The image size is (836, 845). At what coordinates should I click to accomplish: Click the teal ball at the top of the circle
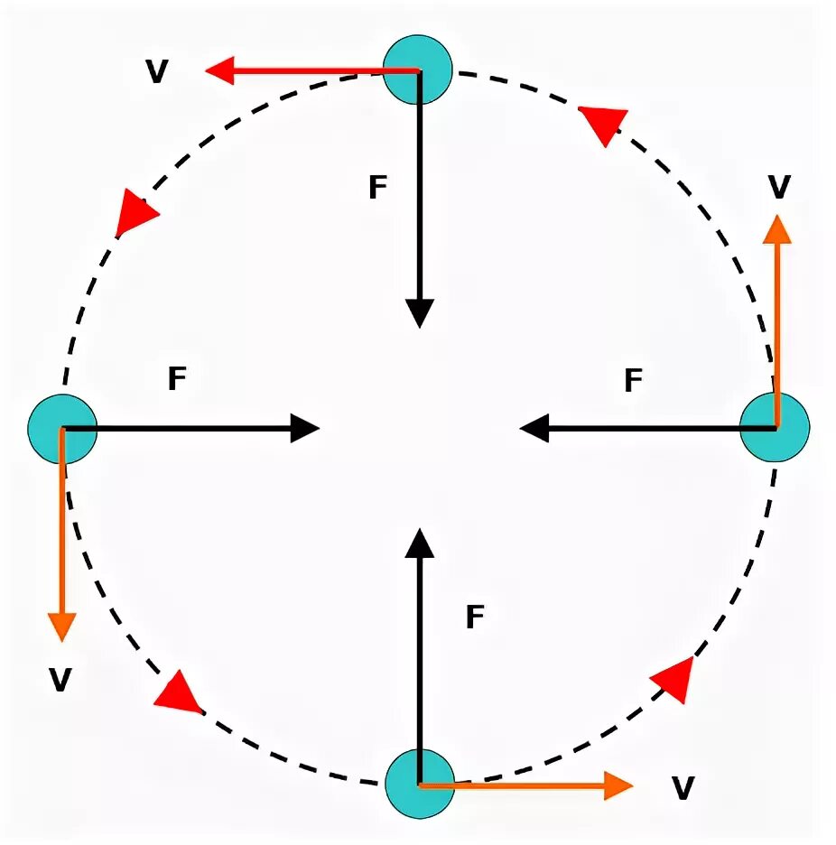pos(418,70)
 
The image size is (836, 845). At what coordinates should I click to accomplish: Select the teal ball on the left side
pos(61,428)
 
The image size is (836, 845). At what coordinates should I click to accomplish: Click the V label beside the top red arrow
pos(157,72)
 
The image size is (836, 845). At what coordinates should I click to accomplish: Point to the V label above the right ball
pos(778,187)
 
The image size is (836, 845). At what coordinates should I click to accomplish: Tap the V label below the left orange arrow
pos(60,680)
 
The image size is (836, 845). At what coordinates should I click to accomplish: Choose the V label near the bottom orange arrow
pos(683,788)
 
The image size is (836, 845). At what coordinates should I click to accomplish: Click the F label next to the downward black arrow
pos(378,187)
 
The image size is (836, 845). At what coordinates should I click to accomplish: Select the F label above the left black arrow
pos(176,379)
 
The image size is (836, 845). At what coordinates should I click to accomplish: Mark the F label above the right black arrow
pos(633,381)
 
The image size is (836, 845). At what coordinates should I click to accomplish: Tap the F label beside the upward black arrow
pos(475,617)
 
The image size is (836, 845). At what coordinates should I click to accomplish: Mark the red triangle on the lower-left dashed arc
pos(177,692)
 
